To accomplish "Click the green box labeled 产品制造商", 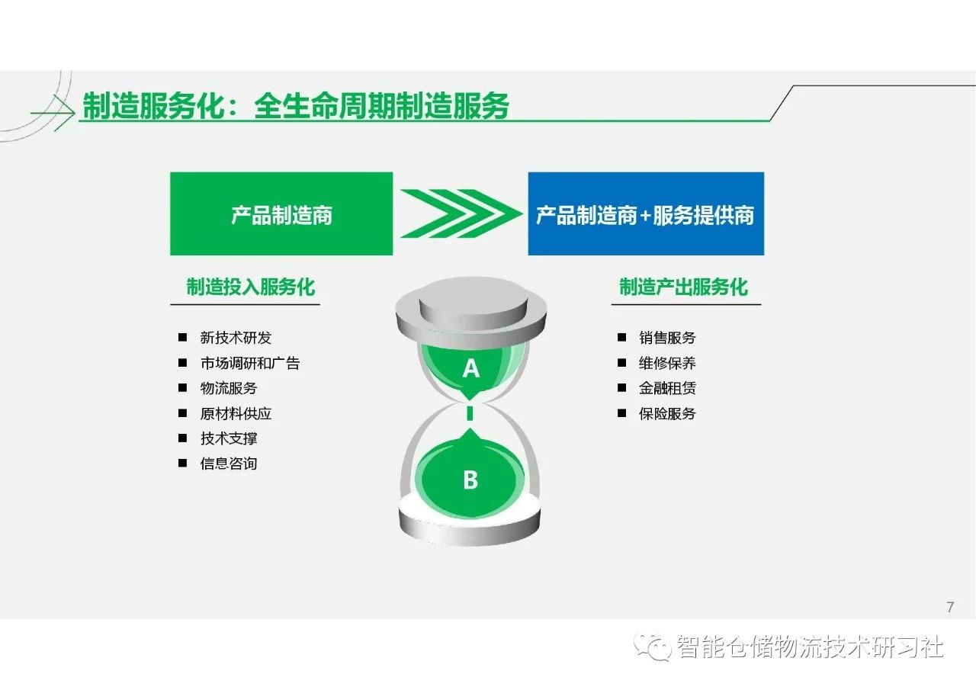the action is [281, 213].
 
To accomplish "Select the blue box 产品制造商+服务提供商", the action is [646, 213].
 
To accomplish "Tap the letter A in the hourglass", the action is [471, 369].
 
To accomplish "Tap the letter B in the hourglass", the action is [470, 480].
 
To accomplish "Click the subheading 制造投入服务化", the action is [251, 287].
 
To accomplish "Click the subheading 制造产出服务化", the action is [683, 287].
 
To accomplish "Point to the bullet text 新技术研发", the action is [236, 338].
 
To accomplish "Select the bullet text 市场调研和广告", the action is [250, 363].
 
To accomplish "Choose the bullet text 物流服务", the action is [229, 388].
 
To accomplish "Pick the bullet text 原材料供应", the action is [236, 413].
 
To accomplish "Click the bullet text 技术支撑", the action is [229, 438].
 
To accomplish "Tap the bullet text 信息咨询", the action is [229, 464].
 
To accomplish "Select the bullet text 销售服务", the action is [667, 338].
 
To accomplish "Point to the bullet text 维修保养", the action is [667, 363].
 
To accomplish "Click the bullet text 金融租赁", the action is [667, 388].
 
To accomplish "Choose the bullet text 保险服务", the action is [667, 413].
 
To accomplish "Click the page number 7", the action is [950, 607].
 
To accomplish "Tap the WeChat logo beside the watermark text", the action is [652, 646].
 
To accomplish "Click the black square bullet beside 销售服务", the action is [621, 337].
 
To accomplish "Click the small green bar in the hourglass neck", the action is [470, 413].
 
